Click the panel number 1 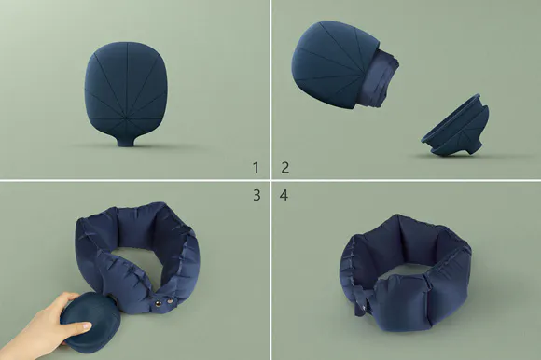coord(256,168)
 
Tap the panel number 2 coord(285,168)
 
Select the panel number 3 coord(257,195)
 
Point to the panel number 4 coord(284,195)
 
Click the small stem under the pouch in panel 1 coord(125,142)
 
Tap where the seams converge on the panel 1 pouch coord(126,118)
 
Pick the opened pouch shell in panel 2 coord(335,62)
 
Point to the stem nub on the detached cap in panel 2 coord(473,148)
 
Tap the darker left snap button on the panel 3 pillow coord(158,303)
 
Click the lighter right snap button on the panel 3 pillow coord(170,302)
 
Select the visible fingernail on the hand coord(86,325)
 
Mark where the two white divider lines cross coord(270,180)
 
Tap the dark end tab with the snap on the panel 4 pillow coord(362,303)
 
